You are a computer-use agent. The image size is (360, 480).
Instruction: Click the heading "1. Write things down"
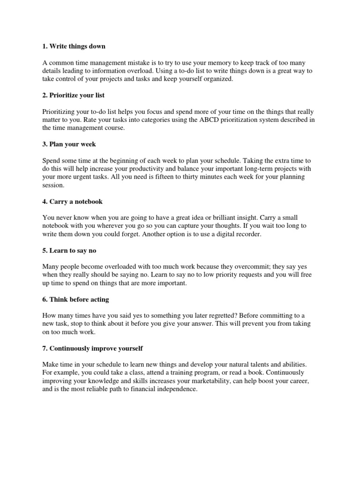tap(74, 46)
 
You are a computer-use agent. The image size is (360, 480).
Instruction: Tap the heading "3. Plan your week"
tap(69, 144)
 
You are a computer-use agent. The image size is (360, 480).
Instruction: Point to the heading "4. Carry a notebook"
tap(72, 202)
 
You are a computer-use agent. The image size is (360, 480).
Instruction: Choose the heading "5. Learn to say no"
tap(69, 251)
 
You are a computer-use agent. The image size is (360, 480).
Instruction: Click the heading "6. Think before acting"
tap(75, 300)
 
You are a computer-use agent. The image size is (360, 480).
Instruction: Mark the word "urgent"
tap(92, 177)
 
